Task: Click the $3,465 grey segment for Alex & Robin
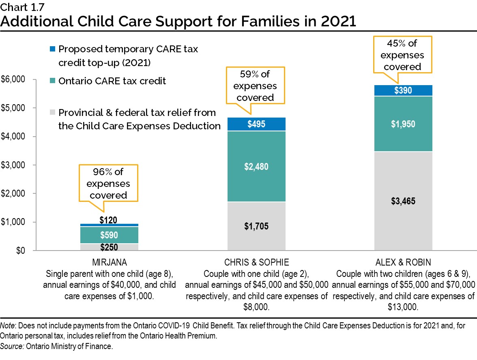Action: point(403,201)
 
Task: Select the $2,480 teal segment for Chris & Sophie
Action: point(256,167)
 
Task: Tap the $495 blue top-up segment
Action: point(256,124)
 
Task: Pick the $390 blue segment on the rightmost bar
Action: point(403,90)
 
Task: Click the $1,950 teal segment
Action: point(403,124)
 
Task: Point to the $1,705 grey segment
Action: point(256,226)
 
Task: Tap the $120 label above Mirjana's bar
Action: point(108,220)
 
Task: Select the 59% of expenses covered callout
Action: point(255,86)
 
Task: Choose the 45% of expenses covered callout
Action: point(402,55)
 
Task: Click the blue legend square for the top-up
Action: point(52,49)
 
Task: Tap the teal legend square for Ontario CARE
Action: point(52,81)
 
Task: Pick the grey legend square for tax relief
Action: point(52,113)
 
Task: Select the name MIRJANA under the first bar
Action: point(109,261)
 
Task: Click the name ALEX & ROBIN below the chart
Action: point(403,261)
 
